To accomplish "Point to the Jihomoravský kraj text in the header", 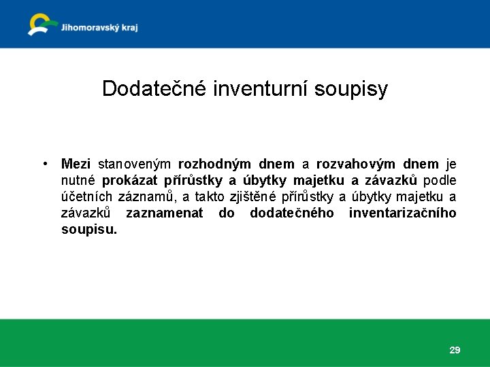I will (x=99, y=28).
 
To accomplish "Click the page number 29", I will (x=455, y=350).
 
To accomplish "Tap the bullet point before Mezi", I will (x=44, y=164).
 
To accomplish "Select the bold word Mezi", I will (x=76, y=164).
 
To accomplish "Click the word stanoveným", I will (x=135, y=164).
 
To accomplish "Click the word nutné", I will (x=78, y=180).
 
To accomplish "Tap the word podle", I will (x=440, y=180).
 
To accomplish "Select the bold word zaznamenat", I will (x=164, y=213).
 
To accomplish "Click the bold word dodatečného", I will (x=292, y=213).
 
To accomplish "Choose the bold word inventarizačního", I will (x=402, y=213).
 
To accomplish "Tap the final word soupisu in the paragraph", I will (x=88, y=230).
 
